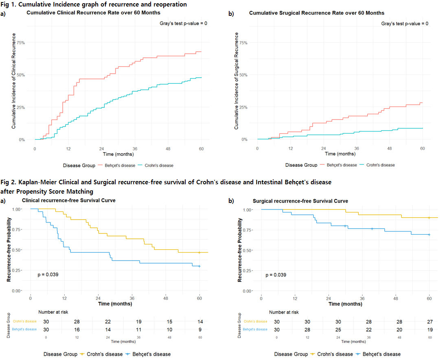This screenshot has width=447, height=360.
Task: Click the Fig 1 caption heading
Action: pos(94,4)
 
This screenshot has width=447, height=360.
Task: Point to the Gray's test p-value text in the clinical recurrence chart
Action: pos(183,24)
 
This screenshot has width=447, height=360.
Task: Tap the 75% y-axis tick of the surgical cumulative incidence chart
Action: pos(243,42)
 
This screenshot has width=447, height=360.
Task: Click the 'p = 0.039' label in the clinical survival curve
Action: pos(48,275)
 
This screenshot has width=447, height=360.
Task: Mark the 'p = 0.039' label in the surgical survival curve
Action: pos(276,275)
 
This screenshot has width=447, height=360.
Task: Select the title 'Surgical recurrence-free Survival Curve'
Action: pos(300,201)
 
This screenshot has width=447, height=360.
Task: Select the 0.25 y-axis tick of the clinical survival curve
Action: pos(17,270)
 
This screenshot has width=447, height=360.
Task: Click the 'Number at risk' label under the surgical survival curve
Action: pos(284,312)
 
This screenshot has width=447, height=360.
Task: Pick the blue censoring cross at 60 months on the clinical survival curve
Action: pos(199,266)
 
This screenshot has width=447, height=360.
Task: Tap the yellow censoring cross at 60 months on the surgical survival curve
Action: pos(429,218)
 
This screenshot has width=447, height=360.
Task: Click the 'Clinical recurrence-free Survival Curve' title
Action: pos(68,201)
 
